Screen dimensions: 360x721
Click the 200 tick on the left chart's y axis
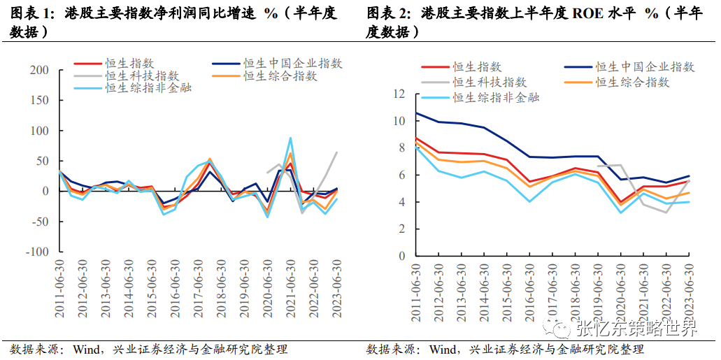[x=38, y=71]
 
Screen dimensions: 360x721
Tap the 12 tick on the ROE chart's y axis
[x=399, y=94]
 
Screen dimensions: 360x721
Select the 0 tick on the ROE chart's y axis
[x=402, y=256]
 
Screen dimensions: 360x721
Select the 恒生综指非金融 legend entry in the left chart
[x=148, y=87]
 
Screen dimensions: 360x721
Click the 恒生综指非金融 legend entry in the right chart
[x=496, y=97]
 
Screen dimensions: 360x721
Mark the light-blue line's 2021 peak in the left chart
[x=290, y=138]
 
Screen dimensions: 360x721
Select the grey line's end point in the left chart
[x=336, y=152]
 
